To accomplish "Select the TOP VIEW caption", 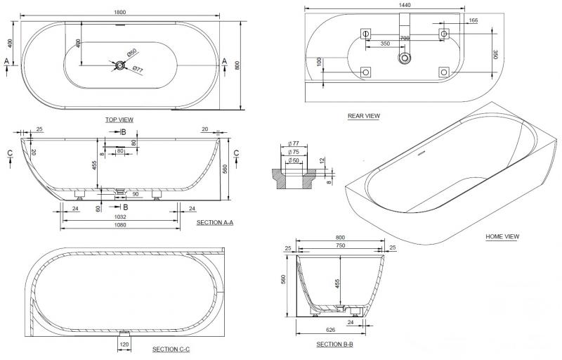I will pos(119,120).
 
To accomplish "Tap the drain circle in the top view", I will pos(121,65).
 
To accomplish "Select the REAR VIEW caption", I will pos(364,116).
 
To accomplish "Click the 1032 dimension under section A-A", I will pos(119,218).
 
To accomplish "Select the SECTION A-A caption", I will pos(215,222).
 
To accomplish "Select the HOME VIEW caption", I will pos(502,237).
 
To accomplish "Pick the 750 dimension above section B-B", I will pos(341,245).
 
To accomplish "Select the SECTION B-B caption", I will pos(334,344).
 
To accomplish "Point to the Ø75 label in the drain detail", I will pos(294,150).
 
